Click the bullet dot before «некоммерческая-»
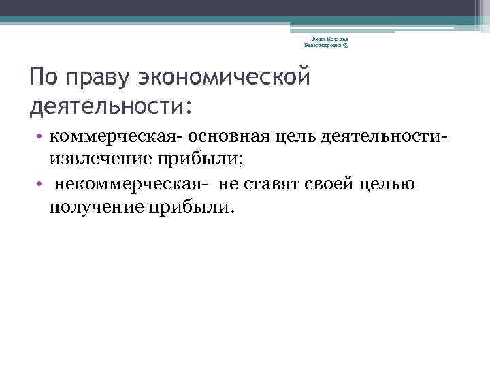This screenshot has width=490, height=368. click(x=42, y=185)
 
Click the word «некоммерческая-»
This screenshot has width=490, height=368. click(x=131, y=185)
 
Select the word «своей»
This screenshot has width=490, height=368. click(x=326, y=185)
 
